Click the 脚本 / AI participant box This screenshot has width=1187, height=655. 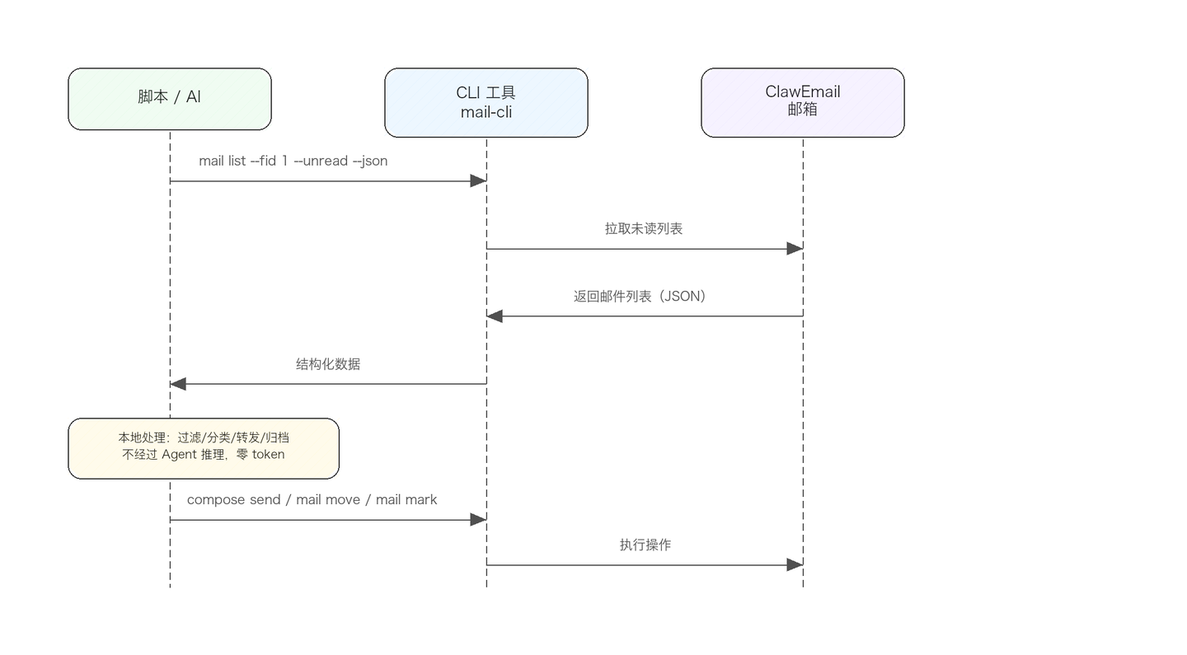click(x=170, y=99)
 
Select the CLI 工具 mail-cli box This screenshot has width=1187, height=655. click(x=486, y=103)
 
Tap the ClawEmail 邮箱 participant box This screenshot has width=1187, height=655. click(x=802, y=103)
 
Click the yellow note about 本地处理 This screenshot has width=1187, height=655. click(x=204, y=448)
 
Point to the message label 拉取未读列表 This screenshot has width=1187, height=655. click(x=644, y=229)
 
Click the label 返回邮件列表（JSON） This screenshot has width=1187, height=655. click(x=640, y=297)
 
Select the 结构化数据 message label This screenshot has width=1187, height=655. click(x=328, y=364)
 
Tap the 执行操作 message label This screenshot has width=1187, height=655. click(x=645, y=545)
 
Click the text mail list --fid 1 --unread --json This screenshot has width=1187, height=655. click(x=293, y=161)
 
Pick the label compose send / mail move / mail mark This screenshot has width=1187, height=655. click(x=312, y=500)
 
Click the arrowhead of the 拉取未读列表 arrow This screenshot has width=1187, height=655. click(x=795, y=249)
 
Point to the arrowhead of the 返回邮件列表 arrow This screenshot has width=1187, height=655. click(x=495, y=316)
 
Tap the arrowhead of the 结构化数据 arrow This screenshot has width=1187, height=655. click(x=178, y=384)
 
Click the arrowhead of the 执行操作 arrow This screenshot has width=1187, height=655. click(x=795, y=565)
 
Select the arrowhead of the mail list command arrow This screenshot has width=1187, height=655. click(x=478, y=181)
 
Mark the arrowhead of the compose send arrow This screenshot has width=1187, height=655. click(x=478, y=520)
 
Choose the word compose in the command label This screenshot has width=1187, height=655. click(x=217, y=500)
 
